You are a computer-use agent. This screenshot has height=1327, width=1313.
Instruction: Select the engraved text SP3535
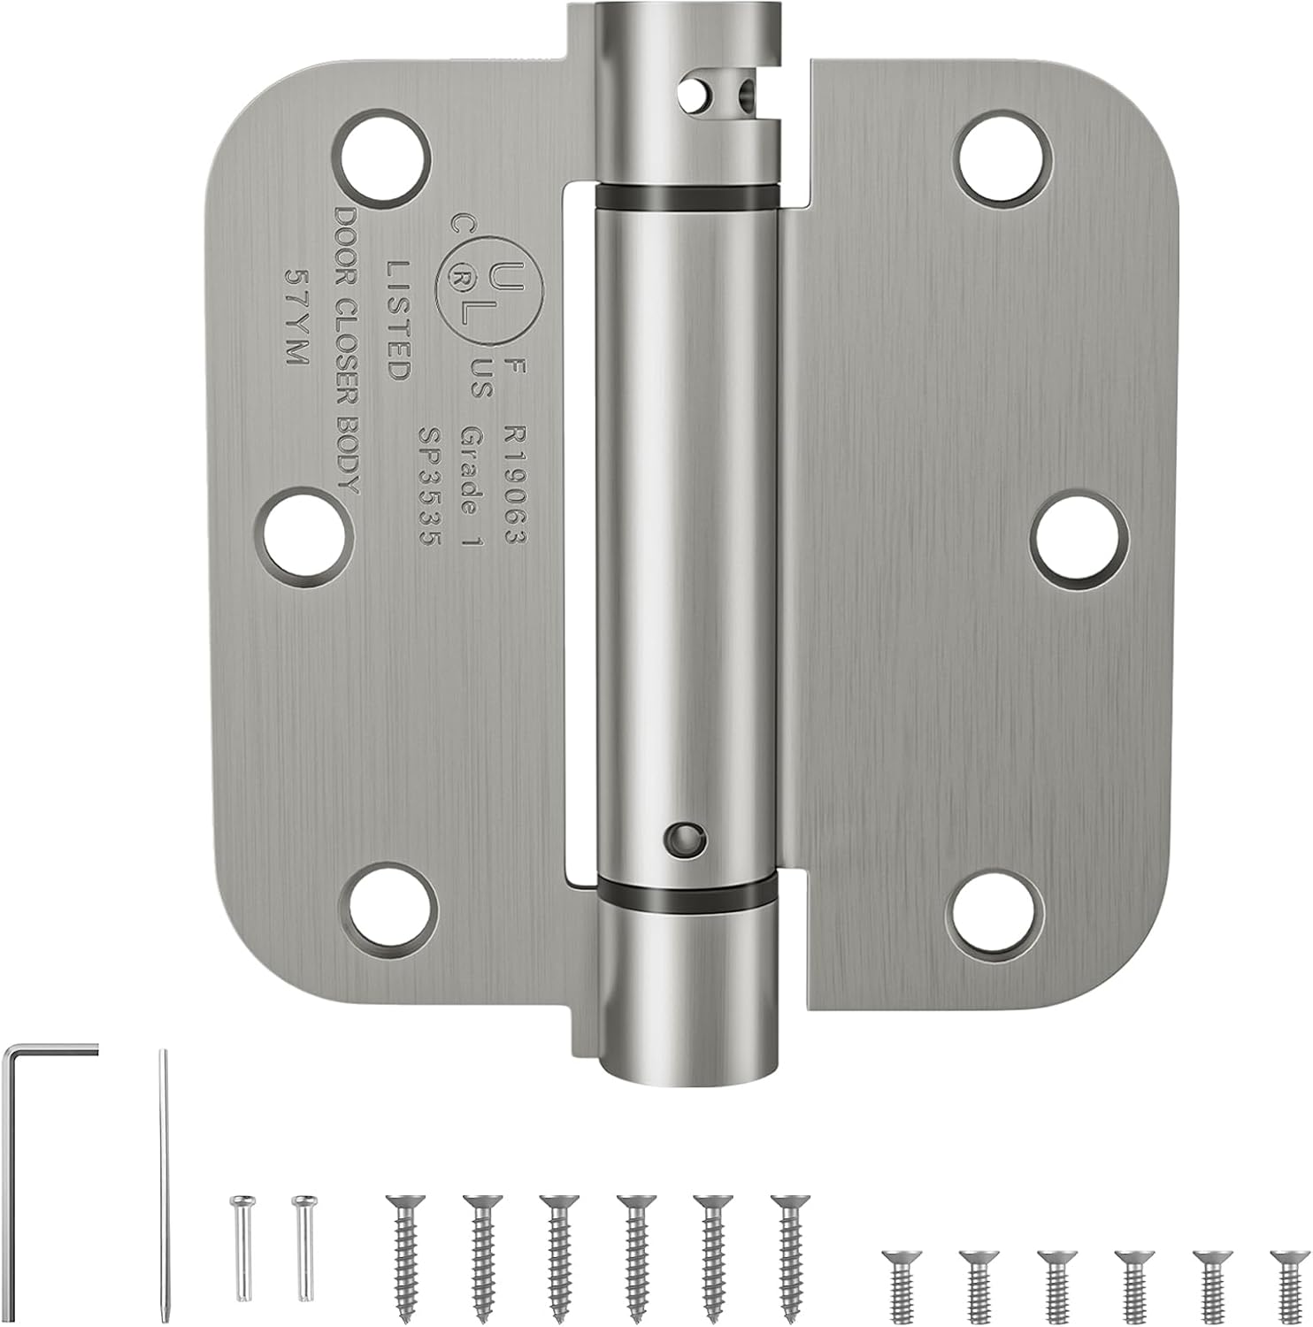(x=430, y=486)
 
